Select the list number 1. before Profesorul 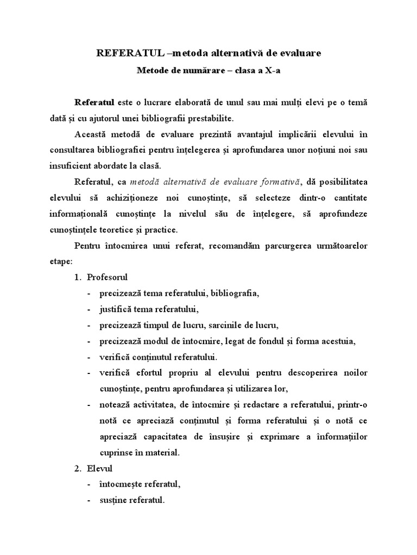coord(78,277)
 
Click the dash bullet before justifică coord(89,309)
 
